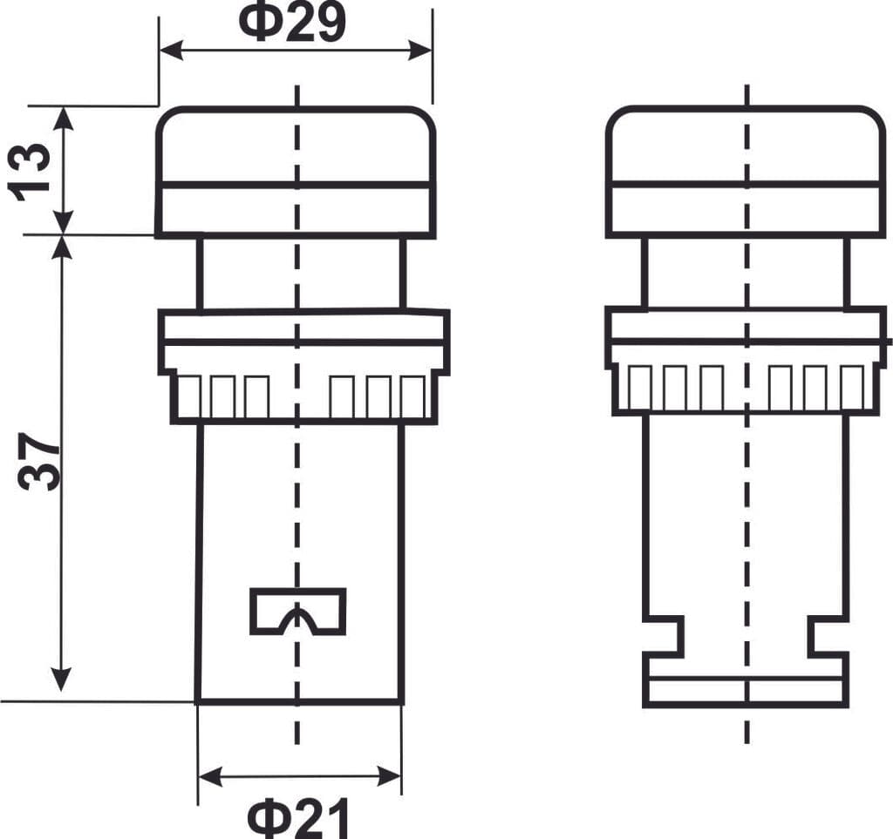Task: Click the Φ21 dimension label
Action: coord(298,818)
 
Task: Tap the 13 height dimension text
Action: coord(31,171)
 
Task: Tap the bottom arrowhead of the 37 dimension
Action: coord(61,680)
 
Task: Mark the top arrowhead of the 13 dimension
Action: coord(65,118)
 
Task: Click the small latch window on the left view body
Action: coord(297,611)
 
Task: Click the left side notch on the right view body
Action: coord(664,635)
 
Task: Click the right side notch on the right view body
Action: coord(828,635)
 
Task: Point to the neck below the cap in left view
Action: coord(301,273)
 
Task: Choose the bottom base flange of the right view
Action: coord(746,690)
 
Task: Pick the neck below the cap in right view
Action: coord(746,272)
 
